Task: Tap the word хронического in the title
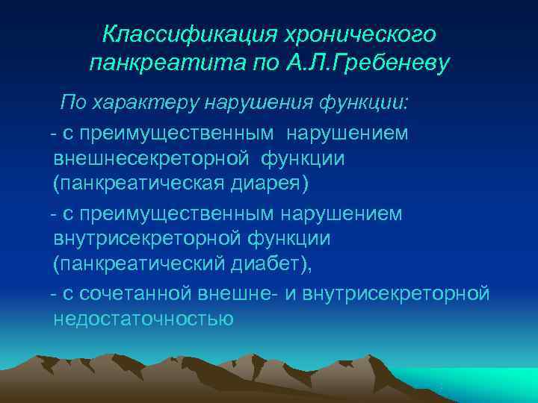pyautogui.click(x=362, y=34)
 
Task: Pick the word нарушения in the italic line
pyautogui.click(x=260, y=101)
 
